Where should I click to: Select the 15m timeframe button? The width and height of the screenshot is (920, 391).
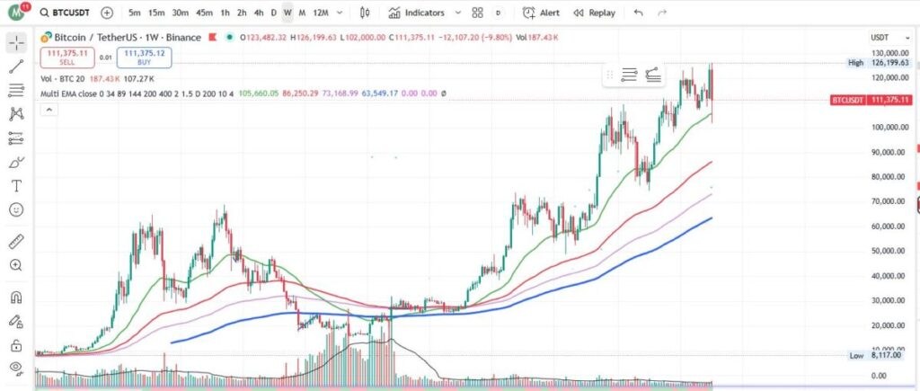156,13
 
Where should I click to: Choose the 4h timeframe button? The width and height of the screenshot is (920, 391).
259,13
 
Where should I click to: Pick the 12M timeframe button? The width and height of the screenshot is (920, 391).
321,13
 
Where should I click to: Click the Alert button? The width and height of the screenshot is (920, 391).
542,13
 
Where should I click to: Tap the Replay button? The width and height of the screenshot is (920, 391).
595,13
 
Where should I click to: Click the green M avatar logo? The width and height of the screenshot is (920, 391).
15,13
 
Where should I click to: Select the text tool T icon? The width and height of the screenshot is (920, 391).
15,186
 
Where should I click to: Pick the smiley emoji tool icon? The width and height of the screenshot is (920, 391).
15,210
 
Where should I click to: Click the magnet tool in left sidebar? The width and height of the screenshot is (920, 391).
15,297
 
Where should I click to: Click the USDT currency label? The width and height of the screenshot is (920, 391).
880,37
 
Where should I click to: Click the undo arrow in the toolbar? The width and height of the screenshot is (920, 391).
638,13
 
